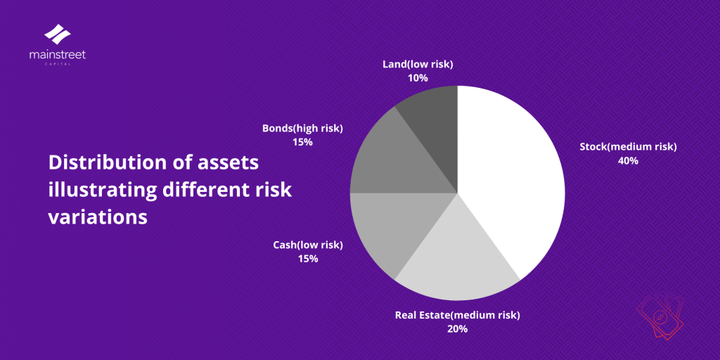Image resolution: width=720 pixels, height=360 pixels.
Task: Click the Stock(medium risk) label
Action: (628, 147)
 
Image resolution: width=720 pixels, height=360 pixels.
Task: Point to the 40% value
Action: (628, 160)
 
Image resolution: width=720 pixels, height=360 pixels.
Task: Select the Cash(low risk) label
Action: (308, 245)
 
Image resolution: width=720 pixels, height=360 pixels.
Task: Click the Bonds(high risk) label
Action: (302, 128)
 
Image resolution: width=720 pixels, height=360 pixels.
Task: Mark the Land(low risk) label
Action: (418, 64)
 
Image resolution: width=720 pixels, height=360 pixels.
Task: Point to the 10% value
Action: (418, 78)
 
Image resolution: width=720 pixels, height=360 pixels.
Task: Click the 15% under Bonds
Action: (302, 142)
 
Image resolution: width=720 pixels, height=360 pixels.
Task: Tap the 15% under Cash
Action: (308, 259)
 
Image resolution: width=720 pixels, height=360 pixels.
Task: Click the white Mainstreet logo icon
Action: (58, 34)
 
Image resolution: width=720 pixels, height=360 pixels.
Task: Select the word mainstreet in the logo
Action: (58, 54)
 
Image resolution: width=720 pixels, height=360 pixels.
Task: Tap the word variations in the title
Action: (98, 217)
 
